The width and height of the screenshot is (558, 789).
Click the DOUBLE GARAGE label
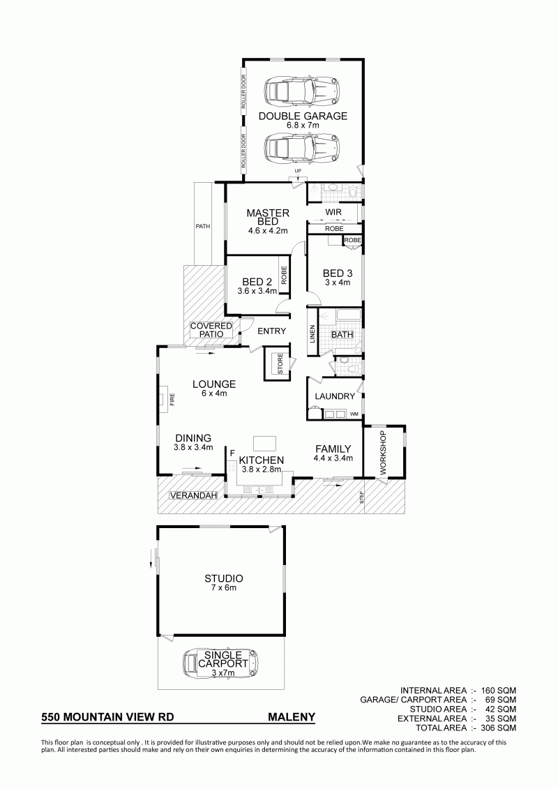pyautogui.click(x=303, y=117)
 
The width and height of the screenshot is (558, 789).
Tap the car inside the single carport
pyautogui.click(x=220, y=663)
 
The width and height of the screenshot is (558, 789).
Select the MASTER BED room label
pyautogui.click(x=268, y=217)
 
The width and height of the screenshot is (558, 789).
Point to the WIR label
pyautogui.click(x=333, y=212)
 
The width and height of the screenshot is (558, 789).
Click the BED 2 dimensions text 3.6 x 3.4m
pyautogui.click(x=257, y=291)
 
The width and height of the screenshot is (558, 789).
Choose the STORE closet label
pyautogui.click(x=280, y=364)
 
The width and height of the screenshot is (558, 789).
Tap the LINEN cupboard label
pyautogui.click(x=312, y=333)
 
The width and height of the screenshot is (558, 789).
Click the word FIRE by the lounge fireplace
pyautogui.click(x=172, y=400)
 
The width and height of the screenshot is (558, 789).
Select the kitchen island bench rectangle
pyautogui.click(x=266, y=443)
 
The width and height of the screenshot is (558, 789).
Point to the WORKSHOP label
pyautogui.click(x=382, y=453)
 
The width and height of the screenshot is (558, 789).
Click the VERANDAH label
pyautogui.click(x=193, y=495)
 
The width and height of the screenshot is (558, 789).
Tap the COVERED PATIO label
pyautogui.click(x=211, y=330)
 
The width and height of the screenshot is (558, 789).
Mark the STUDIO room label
pyautogui.click(x=223, y=579)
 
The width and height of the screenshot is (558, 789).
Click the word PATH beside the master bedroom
pyautogui.click(x=203, y=227)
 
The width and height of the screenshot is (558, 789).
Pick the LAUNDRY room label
pyautogui.click(x=335, y=396)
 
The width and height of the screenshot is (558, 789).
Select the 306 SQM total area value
pyautogui.click(x=498, y=728)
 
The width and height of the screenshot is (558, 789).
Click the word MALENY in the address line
pyautogui.click(x=292, y=717)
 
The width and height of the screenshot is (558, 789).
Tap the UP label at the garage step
pyautogui.click(x=298, y=172)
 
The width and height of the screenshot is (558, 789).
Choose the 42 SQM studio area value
pyautogui.click(x=501, y=709)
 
